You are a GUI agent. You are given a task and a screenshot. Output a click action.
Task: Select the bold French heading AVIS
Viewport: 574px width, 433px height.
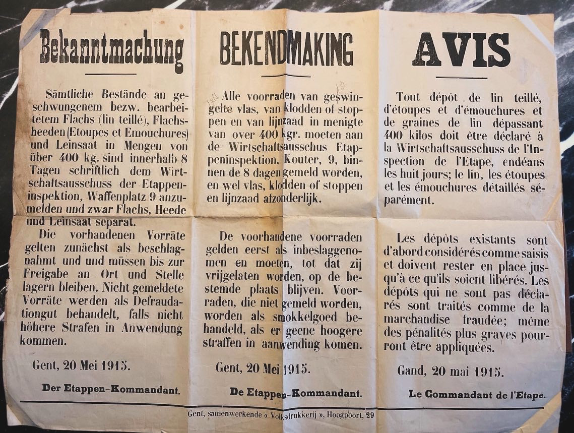pyautogui.click(x=461, y=49)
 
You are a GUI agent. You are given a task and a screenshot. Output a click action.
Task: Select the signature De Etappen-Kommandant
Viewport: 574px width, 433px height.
pyautogui.click(x=295, y=391)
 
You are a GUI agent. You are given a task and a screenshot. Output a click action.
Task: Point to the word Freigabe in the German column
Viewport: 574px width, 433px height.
pyautogui.click(x=43, y=275)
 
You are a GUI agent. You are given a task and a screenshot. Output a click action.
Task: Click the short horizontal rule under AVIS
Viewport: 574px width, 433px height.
pyautogui.click(x=461, y=77)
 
